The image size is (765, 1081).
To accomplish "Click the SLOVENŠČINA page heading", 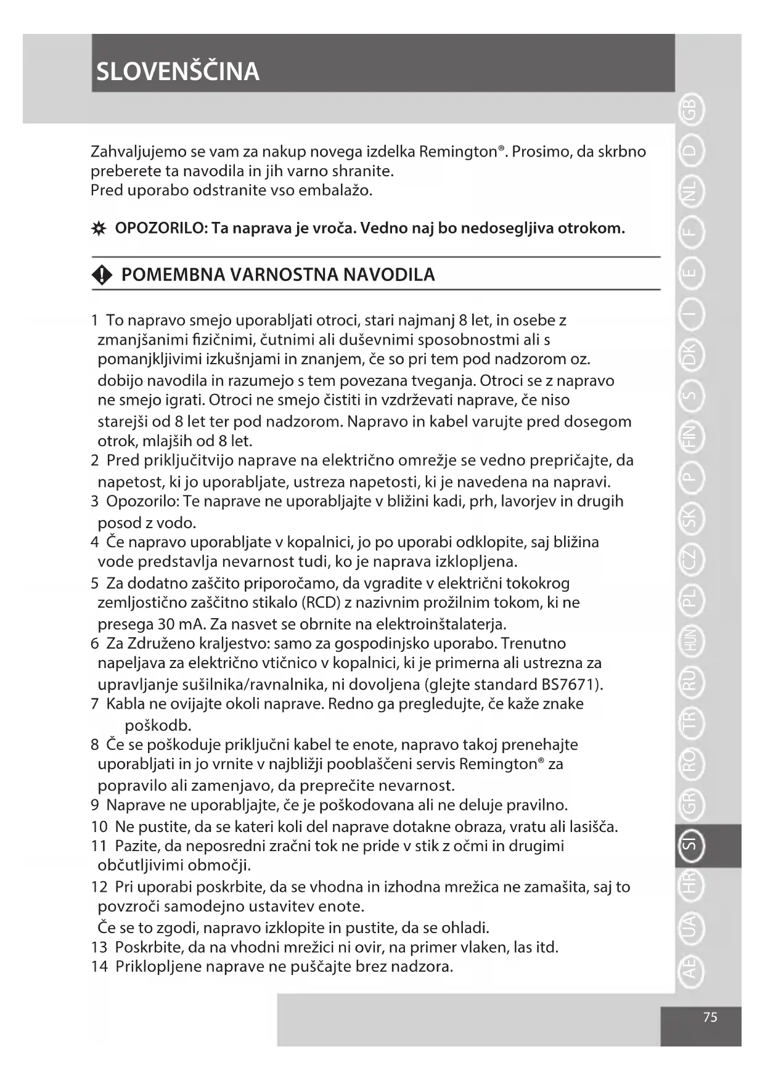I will coord(178,71).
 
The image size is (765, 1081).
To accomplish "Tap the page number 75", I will coord(710,1017).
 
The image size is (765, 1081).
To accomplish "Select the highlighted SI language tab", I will coord(690,845).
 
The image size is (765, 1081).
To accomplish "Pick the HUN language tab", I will coord(690,641).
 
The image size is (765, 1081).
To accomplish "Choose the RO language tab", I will coord(690,762).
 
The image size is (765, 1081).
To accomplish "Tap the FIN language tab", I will coord(690,436).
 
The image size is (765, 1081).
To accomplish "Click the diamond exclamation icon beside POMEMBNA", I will coord(101,275).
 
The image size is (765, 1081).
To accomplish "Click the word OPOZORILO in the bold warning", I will coord(160,229).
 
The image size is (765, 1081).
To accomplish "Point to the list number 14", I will coord(99,966).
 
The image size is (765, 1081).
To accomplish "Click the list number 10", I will coord(99,826).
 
